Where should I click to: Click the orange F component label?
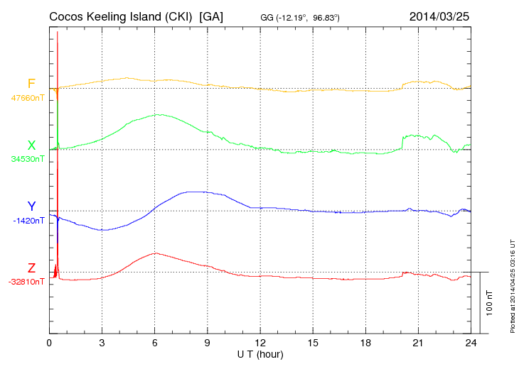tap(31, 84)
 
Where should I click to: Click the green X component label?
tap(31, 145)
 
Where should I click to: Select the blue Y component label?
tap(31, 206)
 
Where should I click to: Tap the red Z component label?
tap(31, 268)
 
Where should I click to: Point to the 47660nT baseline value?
tap(27, 98)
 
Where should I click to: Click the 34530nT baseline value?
tap(27, 159)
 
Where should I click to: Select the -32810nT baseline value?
tap(27, 282)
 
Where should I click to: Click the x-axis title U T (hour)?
tap(260, 353)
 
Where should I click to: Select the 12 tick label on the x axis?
tap(260, 342)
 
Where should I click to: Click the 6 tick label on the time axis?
tap(155, 342)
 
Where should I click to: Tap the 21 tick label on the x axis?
tap(418, 342)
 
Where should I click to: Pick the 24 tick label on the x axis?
tap(471, 342)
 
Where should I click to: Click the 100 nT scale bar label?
tap(490, 302)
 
